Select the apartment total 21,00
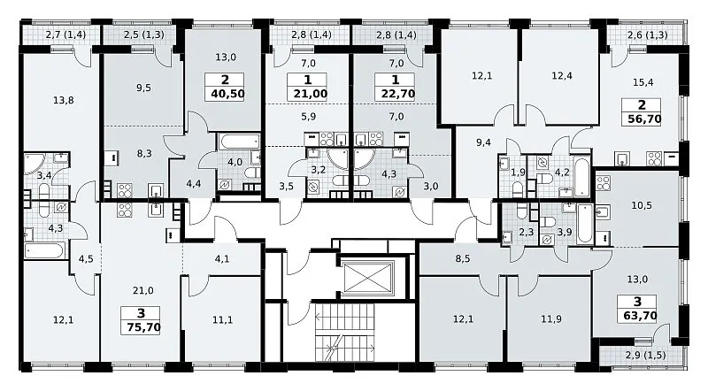[x=307, y=94]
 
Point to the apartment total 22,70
[x=395, y=94]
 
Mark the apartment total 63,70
[x=637, y=316]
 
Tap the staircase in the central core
[x=344, y=332]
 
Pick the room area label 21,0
[x=142, y=291]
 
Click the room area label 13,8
[x=63, y=100]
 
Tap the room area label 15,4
[x=643, y=82]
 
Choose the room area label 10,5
[x=641, y=205]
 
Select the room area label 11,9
[x=551, y=319]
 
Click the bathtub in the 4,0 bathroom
[x=239, y=142]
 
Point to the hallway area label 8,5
[x=462, y=259]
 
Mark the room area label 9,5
[x=143, y=88]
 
